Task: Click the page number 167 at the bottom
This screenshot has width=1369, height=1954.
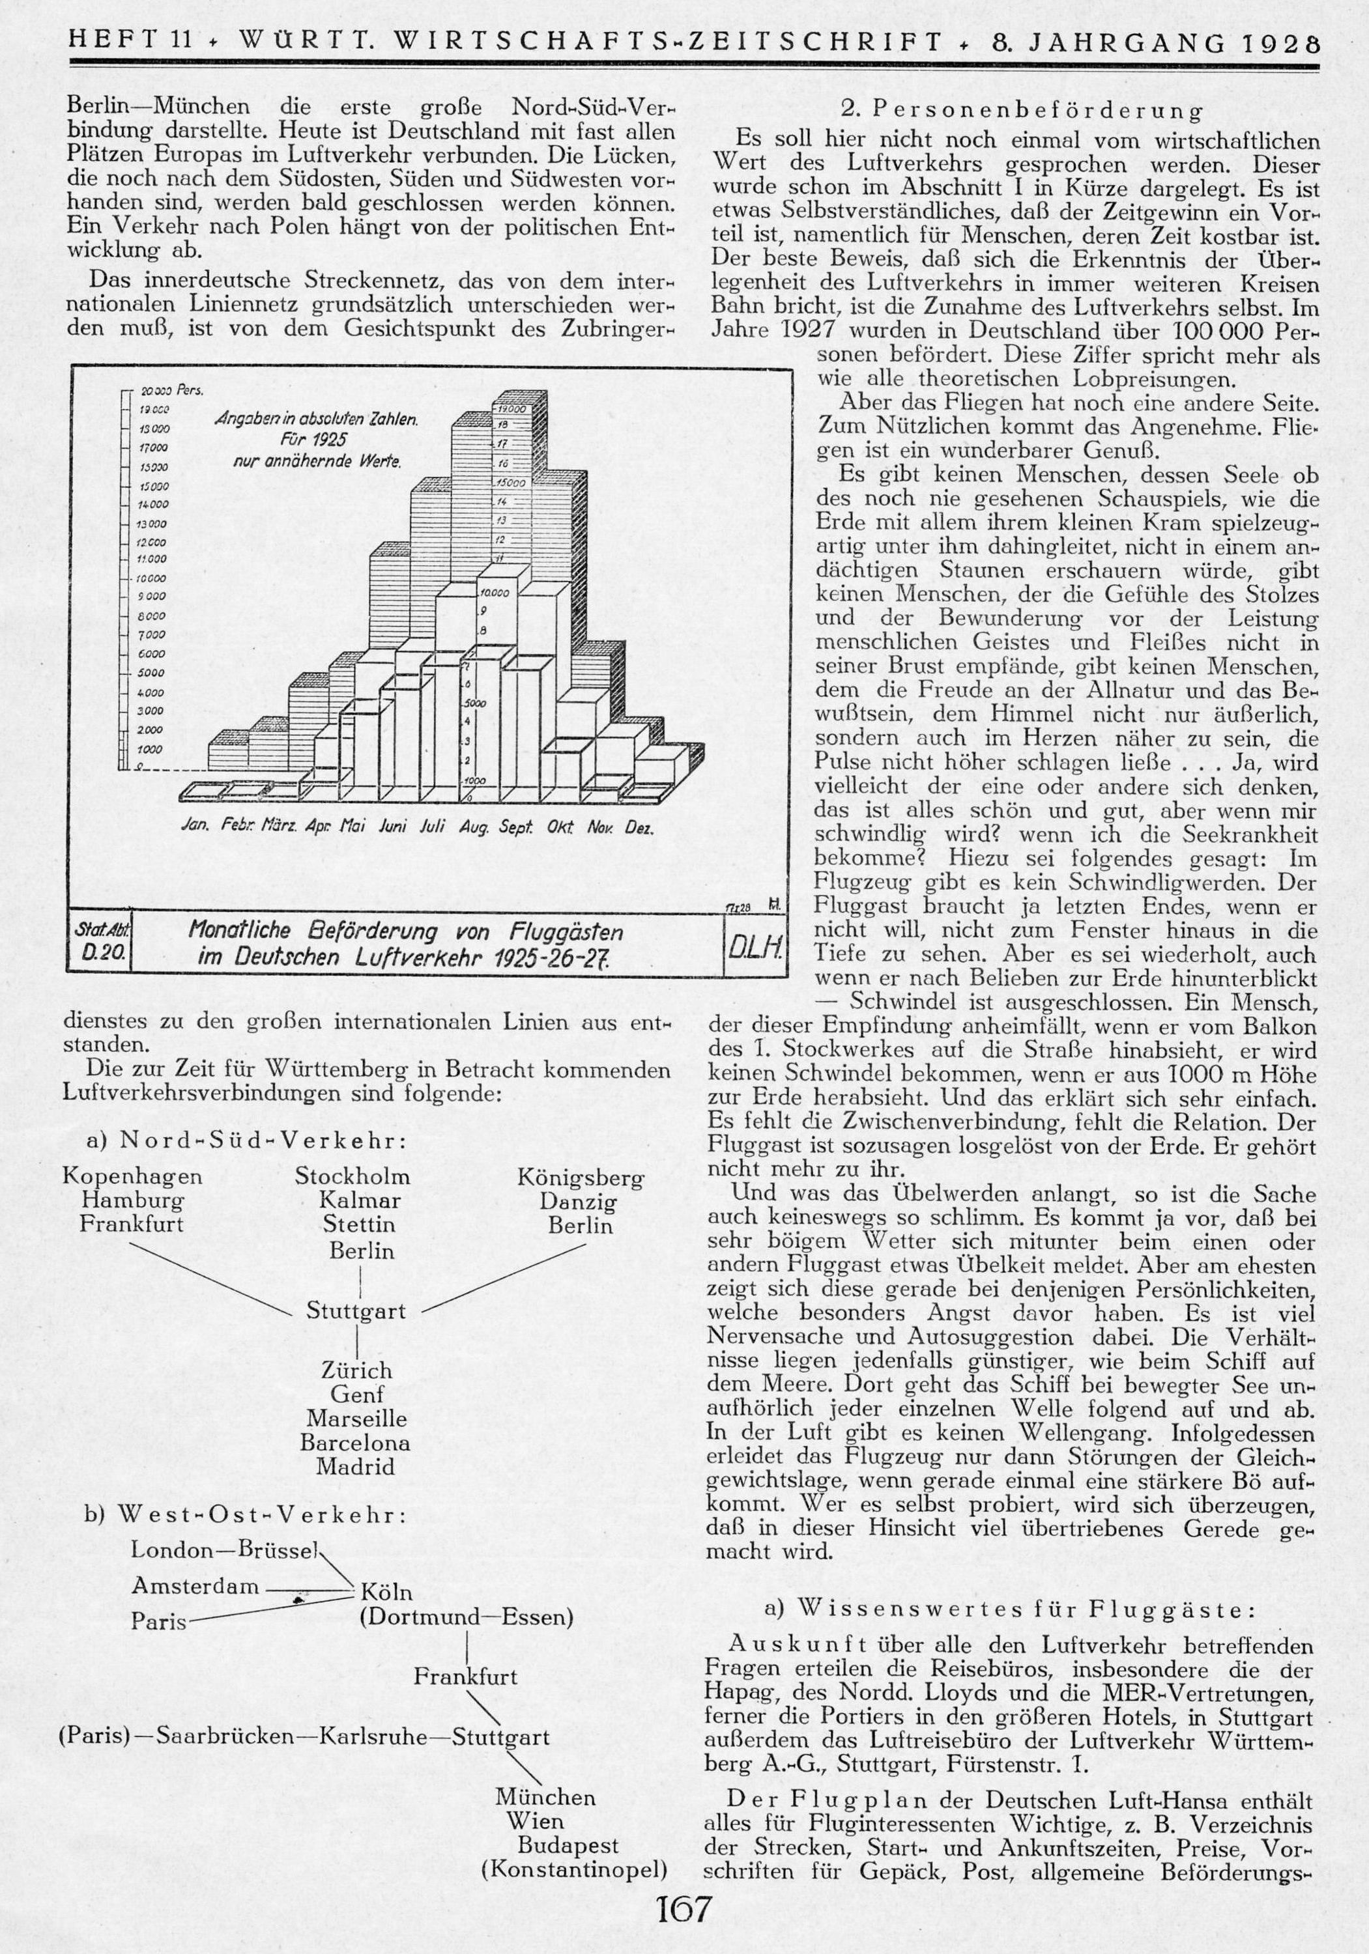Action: coord(684,1908)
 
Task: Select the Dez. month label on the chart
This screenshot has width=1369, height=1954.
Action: coord(639,827)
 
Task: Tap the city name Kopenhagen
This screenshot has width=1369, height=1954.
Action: coord(132,1176)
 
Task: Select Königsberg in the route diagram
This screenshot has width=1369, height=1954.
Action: coord(581,1179)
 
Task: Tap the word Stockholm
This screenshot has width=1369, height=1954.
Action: coord(353,1177)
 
